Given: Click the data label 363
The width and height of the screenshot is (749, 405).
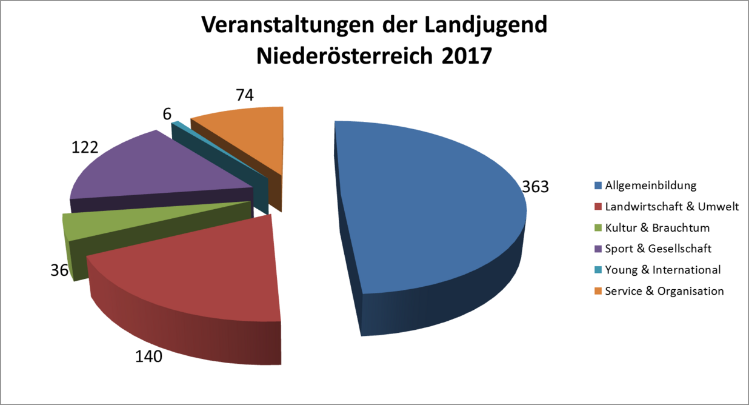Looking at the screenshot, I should click(535, 186).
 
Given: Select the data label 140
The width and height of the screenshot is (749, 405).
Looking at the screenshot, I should click(148, 356).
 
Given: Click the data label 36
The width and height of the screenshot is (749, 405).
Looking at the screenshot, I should click(59, 270).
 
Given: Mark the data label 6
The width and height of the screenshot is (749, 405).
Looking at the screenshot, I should click(167, 113).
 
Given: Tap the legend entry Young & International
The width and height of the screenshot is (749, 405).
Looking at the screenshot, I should click(663, 270).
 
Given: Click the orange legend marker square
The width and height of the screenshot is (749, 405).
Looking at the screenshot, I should click(599, 291).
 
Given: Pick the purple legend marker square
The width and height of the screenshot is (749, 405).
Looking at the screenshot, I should click(599, 249).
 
